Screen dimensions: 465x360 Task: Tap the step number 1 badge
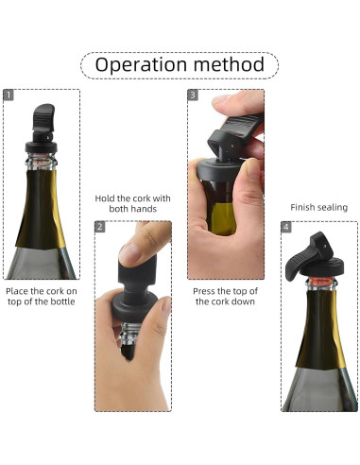[10, 95]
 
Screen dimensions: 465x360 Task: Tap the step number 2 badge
[100, 228]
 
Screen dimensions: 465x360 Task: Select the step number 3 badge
[193, 95]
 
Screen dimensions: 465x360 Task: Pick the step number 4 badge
[286, 228]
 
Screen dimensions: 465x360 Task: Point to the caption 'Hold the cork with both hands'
[133, 204]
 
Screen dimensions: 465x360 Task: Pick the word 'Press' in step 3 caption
[207, 290]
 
